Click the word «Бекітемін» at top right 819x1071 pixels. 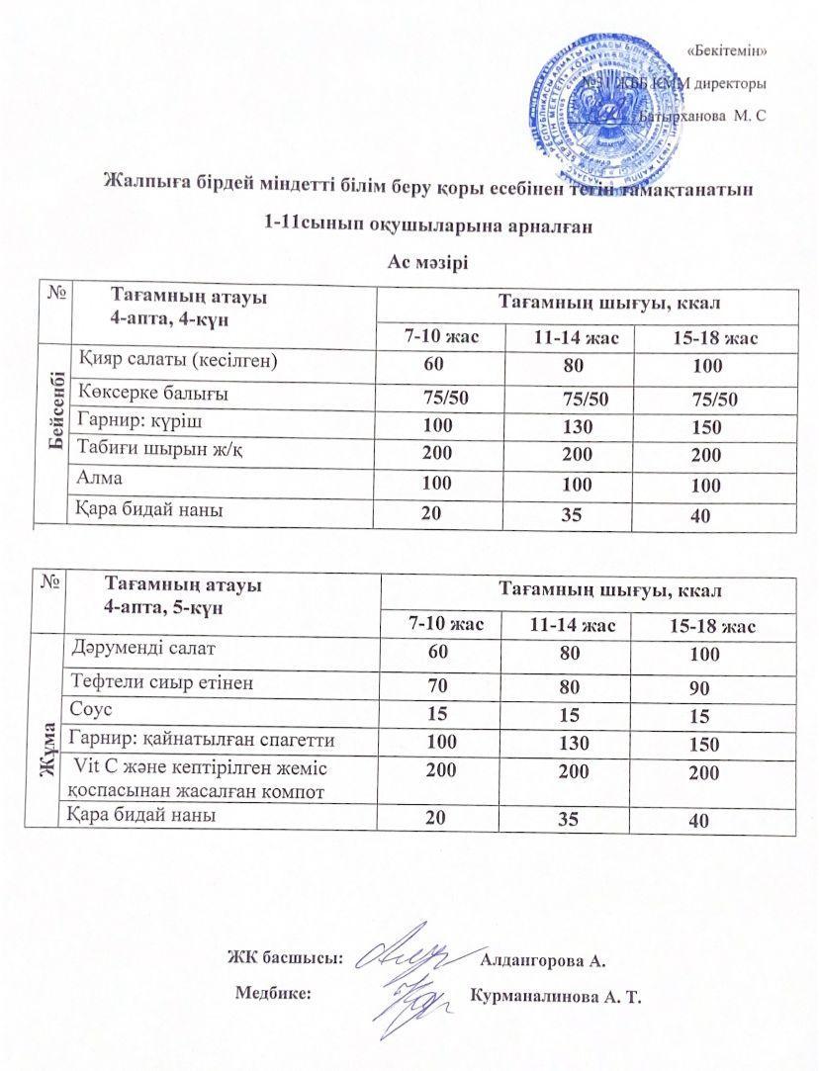[726, 49]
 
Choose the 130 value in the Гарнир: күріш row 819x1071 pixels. [576, 426]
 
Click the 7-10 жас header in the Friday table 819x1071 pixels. [444, 625]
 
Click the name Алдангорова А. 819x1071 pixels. [541, 959]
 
